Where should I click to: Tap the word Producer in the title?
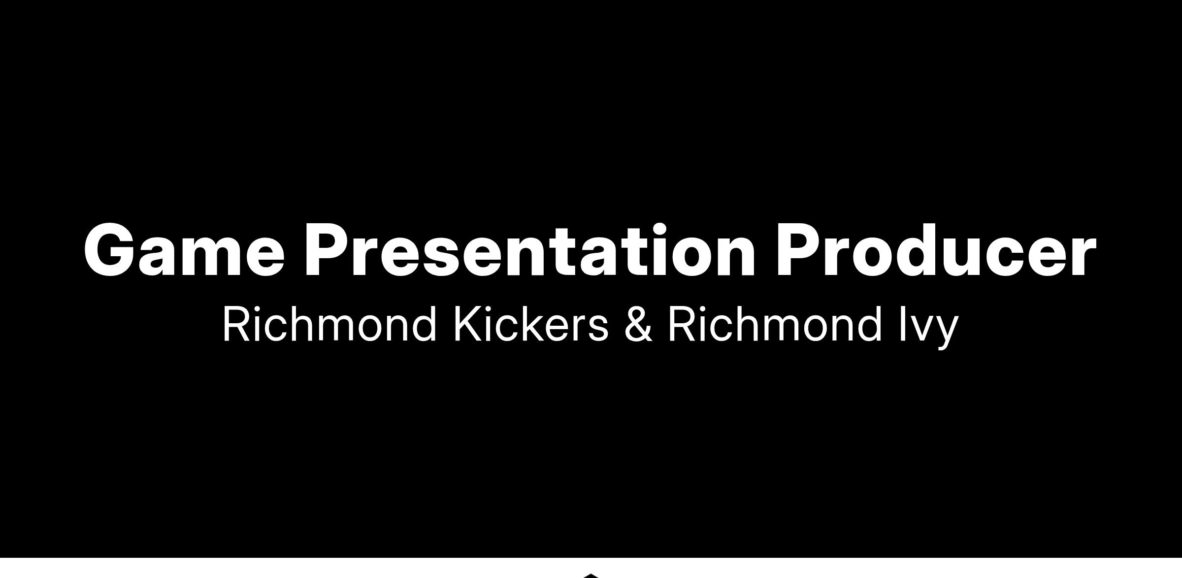(936, 249)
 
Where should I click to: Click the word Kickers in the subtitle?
(531, 324)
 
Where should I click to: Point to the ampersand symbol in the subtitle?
(638, 324)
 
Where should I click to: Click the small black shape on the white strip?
(591, 575)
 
